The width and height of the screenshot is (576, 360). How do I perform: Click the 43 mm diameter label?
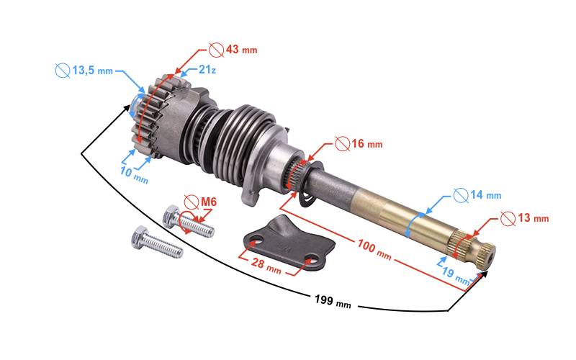click(x=241, y=49)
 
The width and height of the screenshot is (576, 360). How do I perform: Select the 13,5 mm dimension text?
click(x=93, y=70)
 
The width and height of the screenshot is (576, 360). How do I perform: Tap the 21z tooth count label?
click(x=207, y=69)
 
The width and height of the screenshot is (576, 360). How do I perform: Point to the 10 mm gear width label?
click(x=134, y=175)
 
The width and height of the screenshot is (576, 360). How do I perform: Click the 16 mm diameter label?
click(x=367, y=143)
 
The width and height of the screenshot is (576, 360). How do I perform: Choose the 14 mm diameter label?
click(x=485, y=194)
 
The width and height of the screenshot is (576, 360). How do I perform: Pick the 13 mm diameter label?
click(x=534, y=218)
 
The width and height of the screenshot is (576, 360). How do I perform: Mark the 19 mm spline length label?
click(x=456, y=276)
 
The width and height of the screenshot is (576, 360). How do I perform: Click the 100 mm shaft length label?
click(x=374, y=249)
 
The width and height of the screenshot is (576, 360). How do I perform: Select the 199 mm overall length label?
click(x=333, y=301)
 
